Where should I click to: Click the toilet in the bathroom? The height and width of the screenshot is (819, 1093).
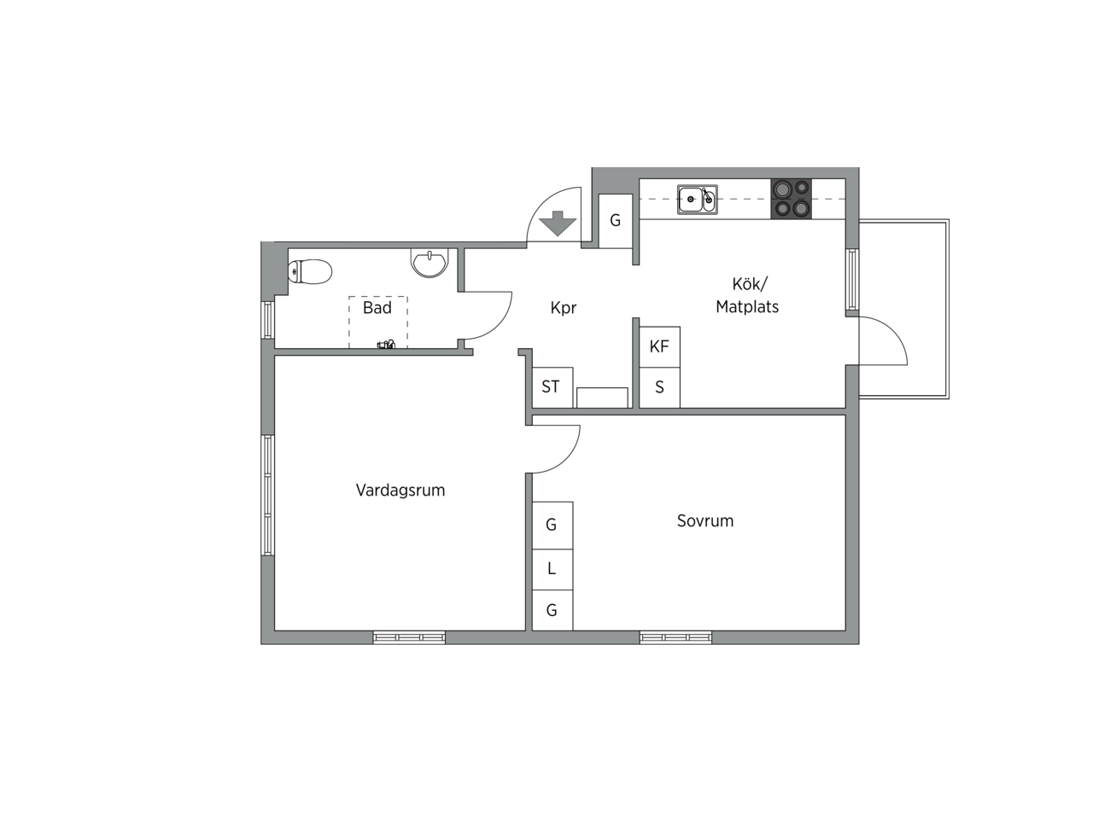[309, 271]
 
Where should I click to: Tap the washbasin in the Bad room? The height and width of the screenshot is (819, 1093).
[430, 263]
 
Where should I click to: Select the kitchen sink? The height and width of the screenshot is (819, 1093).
[697, 200]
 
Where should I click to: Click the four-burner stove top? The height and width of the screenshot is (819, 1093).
[791, 199]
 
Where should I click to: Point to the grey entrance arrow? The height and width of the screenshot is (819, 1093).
[558, 224]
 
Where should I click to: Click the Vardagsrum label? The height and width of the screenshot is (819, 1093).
[400, 491]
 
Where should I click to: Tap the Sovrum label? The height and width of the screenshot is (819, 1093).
[705, 520]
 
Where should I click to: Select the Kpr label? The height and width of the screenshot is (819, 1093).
[564, 308]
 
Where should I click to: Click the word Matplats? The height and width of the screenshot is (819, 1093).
[747, 307]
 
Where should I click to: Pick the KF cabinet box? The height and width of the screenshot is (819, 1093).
[659, 346]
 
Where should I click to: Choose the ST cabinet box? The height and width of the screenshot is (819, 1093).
[552, 387]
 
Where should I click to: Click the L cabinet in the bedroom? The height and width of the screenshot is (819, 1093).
[552, 569]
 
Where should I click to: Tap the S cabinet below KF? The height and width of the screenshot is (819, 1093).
[659, 388]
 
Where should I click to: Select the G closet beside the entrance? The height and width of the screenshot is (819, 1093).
[616, 221]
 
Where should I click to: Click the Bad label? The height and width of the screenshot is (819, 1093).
[377, 308]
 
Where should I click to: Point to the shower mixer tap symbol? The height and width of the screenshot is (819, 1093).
[386, 344]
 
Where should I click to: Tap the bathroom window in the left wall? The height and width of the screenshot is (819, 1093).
[268, 320]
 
